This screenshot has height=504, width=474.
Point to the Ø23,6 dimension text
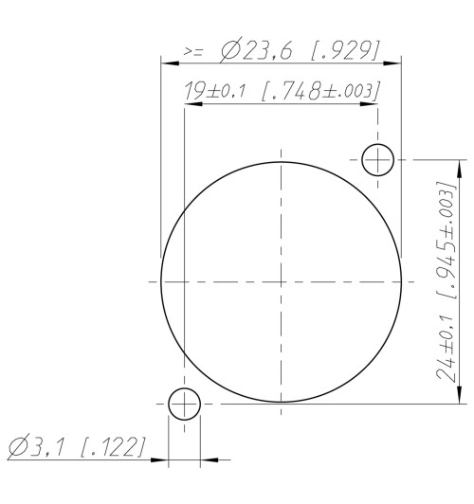[257, 51]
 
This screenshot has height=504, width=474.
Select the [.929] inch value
[345, 50]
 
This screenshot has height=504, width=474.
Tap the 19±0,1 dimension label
[214, 91]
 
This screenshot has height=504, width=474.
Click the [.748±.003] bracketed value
[321, 91]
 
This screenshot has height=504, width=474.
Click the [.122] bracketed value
[113, 446]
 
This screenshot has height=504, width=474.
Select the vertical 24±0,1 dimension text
[446, 348]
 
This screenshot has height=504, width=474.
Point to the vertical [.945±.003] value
[446, 241]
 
